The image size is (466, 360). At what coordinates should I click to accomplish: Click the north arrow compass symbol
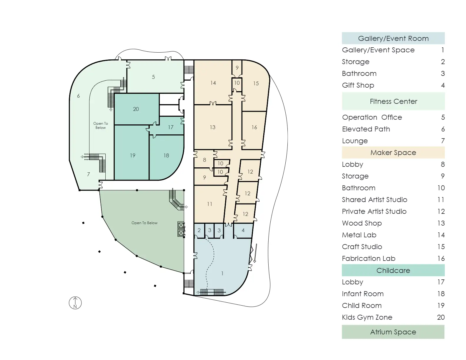tap(75, 303)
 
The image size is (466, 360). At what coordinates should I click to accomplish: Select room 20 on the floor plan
tap(136, 109)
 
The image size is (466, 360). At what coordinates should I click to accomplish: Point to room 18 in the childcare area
tap(166, 156)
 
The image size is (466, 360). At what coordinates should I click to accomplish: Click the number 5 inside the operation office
tap(153, 77)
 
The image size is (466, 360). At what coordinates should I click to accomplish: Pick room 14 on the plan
tap(213, 83)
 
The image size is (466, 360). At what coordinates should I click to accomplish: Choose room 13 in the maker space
tap(212, 127)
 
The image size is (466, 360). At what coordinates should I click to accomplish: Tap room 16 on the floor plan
tap(254, 127)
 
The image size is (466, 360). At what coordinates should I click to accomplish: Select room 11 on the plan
tap(209, 204)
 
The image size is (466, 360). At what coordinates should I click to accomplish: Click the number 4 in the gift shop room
tap(243, 230)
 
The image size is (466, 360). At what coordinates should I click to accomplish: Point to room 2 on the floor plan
tap(199, 230)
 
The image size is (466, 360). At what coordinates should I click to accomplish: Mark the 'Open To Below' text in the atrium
tap(144, 223)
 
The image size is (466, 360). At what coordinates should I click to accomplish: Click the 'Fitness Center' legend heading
tap(393, 101)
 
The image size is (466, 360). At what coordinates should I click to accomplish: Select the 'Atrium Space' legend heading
tap(393, 332)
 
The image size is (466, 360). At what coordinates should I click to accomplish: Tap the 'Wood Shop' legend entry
tap(362, 223)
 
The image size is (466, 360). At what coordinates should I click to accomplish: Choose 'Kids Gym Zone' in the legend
tap(367, 317)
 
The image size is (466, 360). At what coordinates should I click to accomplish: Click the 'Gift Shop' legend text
tap(358, 85)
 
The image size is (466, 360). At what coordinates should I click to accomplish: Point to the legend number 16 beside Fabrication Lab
tap(441, 259)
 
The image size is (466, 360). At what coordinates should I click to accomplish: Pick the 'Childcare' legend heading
tap(393, 271)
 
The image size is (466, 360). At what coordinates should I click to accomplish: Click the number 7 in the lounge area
tap(88, 174)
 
